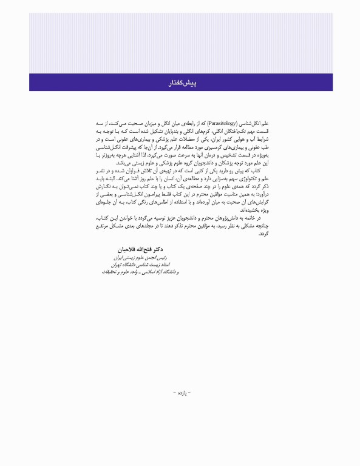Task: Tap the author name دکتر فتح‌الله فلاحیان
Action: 141,249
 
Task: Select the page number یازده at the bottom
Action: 181,393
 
